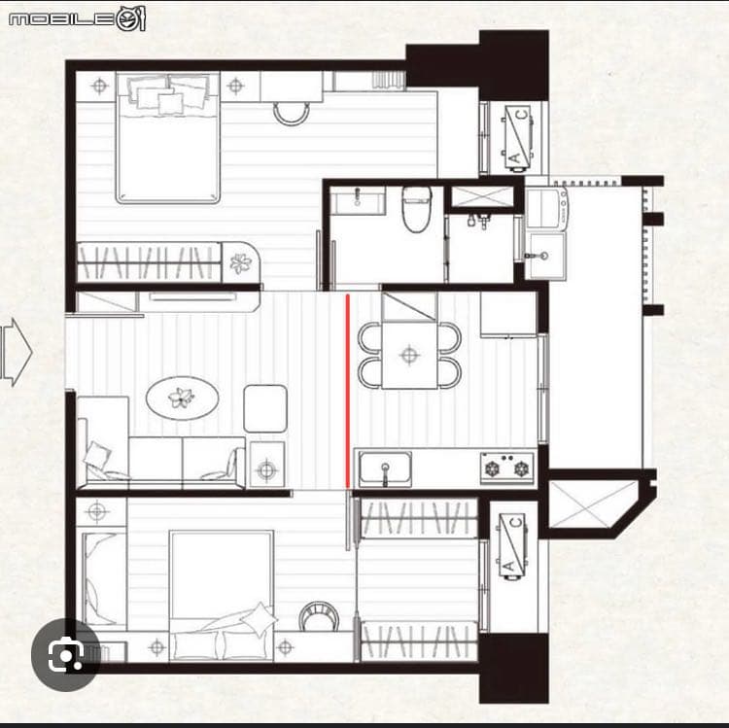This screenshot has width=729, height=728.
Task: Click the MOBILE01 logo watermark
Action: coord(77,18)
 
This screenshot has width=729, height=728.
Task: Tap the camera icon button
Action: coord(65,654)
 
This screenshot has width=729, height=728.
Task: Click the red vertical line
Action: coord(347,391)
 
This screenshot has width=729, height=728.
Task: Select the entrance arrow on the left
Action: coord(17,353)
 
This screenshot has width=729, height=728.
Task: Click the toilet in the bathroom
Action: coord(417,209)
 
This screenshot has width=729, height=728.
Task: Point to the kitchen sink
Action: coord(385,468)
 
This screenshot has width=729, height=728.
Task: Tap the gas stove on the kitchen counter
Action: coord(507,468)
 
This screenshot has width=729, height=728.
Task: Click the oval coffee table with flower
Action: coord(183,398)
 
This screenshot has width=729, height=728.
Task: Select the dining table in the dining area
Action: coord(409,355)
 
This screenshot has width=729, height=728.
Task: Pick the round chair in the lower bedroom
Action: coord(319,616)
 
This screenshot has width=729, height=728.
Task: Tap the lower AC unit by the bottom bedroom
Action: coord(512,547)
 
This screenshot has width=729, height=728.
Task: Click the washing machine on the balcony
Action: coord(547,208)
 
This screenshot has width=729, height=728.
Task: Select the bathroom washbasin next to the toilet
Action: coord(358,200)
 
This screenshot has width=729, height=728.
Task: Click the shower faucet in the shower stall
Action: coord(479,221)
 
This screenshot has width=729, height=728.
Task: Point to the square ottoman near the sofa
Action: coord(265,408)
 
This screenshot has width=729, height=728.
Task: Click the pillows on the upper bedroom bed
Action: coord(168,94)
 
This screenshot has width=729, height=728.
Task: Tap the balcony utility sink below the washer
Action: coord(546,256)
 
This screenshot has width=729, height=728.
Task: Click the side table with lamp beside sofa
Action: coord(267,465)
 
